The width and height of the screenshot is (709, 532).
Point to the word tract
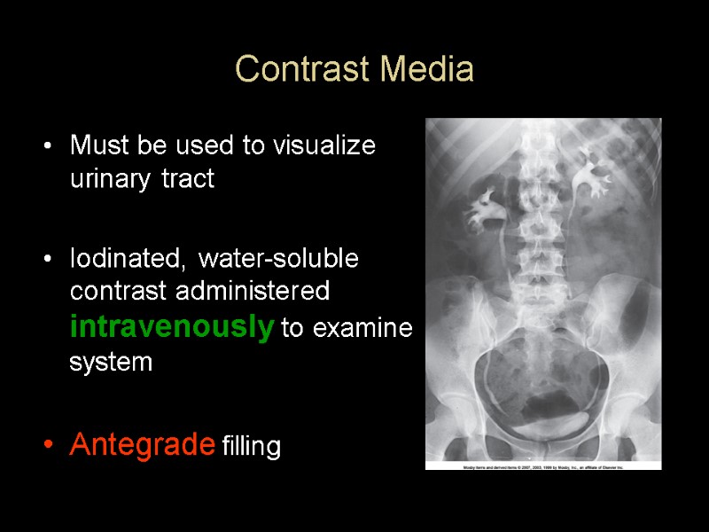tap(189, 180)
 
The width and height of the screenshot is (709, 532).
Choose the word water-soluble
tap(279, 259)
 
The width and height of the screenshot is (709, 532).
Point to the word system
tap(111, 363)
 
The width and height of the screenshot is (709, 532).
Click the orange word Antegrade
tap(142, 443)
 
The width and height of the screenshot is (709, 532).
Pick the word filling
tap(252, 447)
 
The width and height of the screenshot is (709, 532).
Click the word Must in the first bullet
tap(95, 145)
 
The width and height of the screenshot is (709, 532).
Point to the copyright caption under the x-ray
tap(542, 465)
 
